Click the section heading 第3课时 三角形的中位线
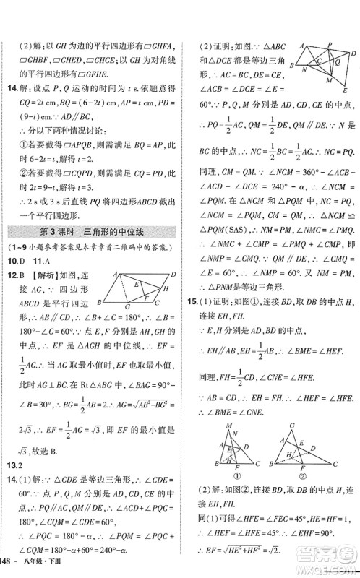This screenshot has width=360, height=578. tap(94, 232)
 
